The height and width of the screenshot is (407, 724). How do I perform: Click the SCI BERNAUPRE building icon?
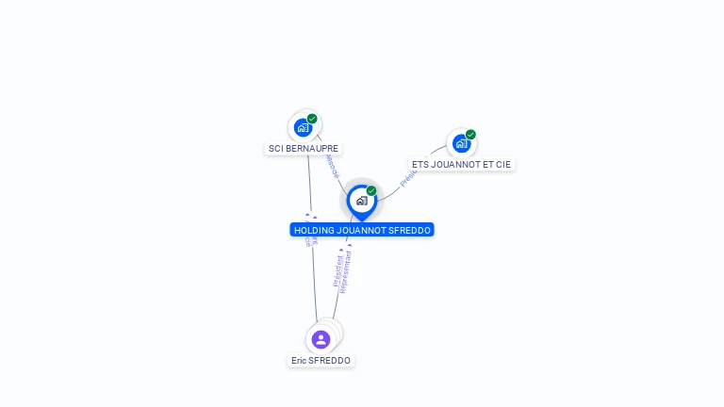tap(303, 127)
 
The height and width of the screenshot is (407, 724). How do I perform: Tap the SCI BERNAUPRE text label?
tap(304, 149)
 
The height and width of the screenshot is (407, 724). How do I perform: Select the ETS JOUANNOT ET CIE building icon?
tap(461, 143)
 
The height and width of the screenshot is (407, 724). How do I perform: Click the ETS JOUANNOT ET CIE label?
tap(461, 164)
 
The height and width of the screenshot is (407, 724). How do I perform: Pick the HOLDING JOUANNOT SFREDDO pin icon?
tap(361, 201)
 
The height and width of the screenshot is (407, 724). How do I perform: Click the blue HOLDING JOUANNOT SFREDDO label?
tap(362, 230)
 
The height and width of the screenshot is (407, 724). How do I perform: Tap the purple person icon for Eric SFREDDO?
tap(321, 339)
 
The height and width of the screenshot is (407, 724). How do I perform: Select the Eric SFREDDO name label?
tap(321, 361)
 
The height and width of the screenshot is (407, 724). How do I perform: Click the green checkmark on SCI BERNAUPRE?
tap(312, 119)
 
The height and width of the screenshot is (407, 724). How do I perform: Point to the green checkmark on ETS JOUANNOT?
tap(470, 135)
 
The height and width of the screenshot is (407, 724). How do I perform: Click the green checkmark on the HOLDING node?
tap(371, 191)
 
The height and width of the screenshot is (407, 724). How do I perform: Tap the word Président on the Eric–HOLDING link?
tap(337, 269)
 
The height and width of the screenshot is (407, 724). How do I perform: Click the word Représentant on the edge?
tap(346, 271)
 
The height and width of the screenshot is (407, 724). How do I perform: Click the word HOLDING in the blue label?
tap(316, 230)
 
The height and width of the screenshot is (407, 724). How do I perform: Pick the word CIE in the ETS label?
tap(502, 164)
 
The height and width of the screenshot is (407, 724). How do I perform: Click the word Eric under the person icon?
tap(299, 361)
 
